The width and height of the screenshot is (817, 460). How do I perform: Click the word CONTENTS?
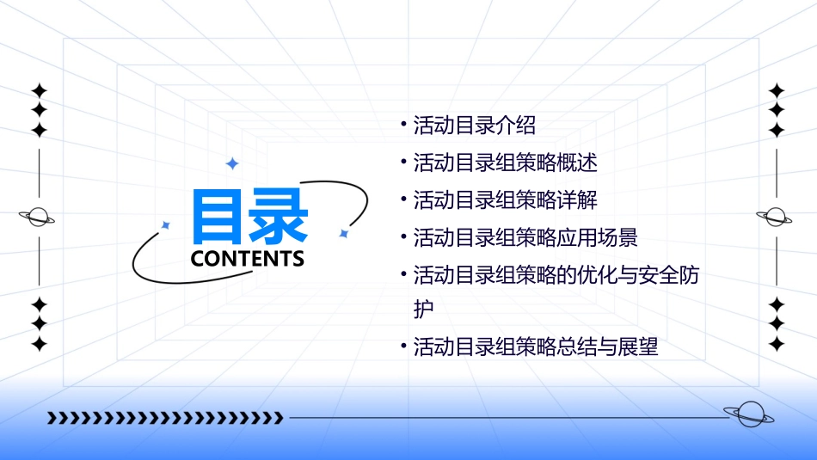[247, 258]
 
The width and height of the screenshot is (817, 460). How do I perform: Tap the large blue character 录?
[278, 216]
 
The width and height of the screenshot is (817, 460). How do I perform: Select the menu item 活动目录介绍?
[474, 126]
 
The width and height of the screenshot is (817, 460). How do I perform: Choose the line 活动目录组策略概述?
[505, 163]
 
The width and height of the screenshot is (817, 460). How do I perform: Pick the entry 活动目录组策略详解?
[505, 200]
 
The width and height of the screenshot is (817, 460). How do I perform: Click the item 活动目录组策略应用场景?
[525, 237]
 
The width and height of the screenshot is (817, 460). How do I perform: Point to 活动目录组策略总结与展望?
[536, 348]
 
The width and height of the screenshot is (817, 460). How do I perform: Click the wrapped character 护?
[424, 309]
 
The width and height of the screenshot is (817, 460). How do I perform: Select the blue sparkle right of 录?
[343, 233]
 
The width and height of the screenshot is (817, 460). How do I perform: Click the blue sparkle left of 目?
[166, 225]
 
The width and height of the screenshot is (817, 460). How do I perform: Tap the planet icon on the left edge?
[38, 217]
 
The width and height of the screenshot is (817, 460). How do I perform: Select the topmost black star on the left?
[39, 89]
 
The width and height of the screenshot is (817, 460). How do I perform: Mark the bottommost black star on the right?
[777, 345]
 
